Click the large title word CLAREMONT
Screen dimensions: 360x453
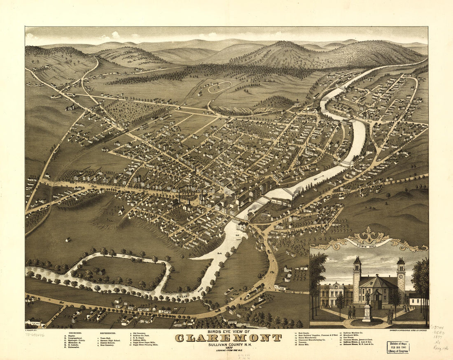(x=229, y=338)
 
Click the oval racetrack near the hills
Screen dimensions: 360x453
(x=219, y=87)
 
